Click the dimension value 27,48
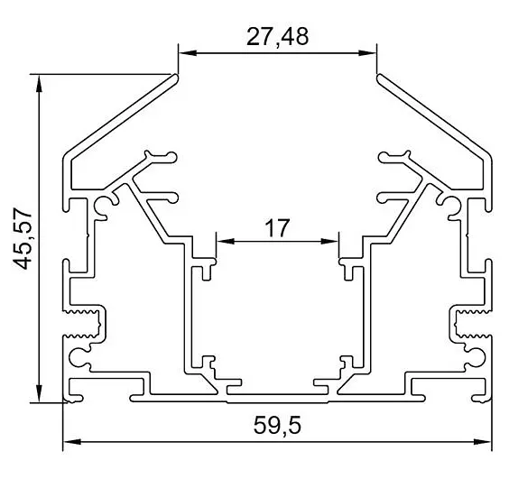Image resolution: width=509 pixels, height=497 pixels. tap(278, 37)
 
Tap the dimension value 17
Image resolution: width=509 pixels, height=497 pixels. tap(277, 228)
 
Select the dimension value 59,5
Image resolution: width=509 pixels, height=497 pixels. tap(278, 425)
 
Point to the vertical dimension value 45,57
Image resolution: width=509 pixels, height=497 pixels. tap(23, 238)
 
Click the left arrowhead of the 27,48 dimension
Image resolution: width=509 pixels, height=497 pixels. tap(188, 53)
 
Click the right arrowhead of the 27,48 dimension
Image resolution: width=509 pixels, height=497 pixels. tap(367, 53)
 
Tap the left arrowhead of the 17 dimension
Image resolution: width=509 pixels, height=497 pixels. tap(226, 241)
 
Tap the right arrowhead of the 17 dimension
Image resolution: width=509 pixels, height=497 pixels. tap(329, 241)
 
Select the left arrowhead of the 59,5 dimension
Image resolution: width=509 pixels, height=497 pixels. tap(72, 441)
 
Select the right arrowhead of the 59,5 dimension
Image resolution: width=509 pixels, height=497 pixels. tap(483, 441)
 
